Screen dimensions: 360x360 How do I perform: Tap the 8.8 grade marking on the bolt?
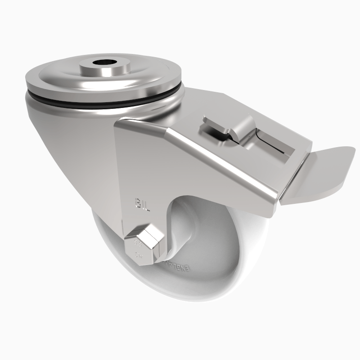[138, 246]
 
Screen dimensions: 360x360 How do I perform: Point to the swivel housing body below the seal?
[67, 148]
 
